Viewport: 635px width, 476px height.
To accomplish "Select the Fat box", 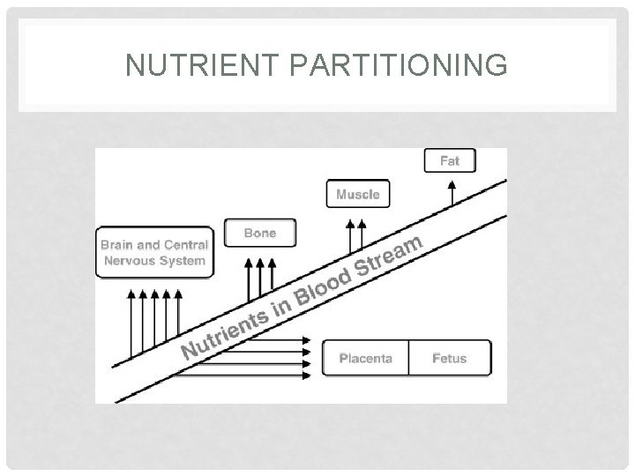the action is [450, 161].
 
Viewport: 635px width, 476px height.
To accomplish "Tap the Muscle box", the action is [358, 194].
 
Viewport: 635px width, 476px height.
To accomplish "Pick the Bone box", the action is [260, 233].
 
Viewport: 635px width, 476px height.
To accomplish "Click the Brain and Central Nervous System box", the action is [154, 253].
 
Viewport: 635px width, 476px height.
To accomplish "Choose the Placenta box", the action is [365, 358].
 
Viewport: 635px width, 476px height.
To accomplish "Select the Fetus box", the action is [449, 358].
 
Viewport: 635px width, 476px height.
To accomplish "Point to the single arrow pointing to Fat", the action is [452, 192].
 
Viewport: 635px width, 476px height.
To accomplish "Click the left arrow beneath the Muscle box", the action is [349, 236].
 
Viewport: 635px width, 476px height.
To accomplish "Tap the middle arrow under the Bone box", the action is [260, 277].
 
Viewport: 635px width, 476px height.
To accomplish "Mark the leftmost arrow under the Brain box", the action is [132, 322].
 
